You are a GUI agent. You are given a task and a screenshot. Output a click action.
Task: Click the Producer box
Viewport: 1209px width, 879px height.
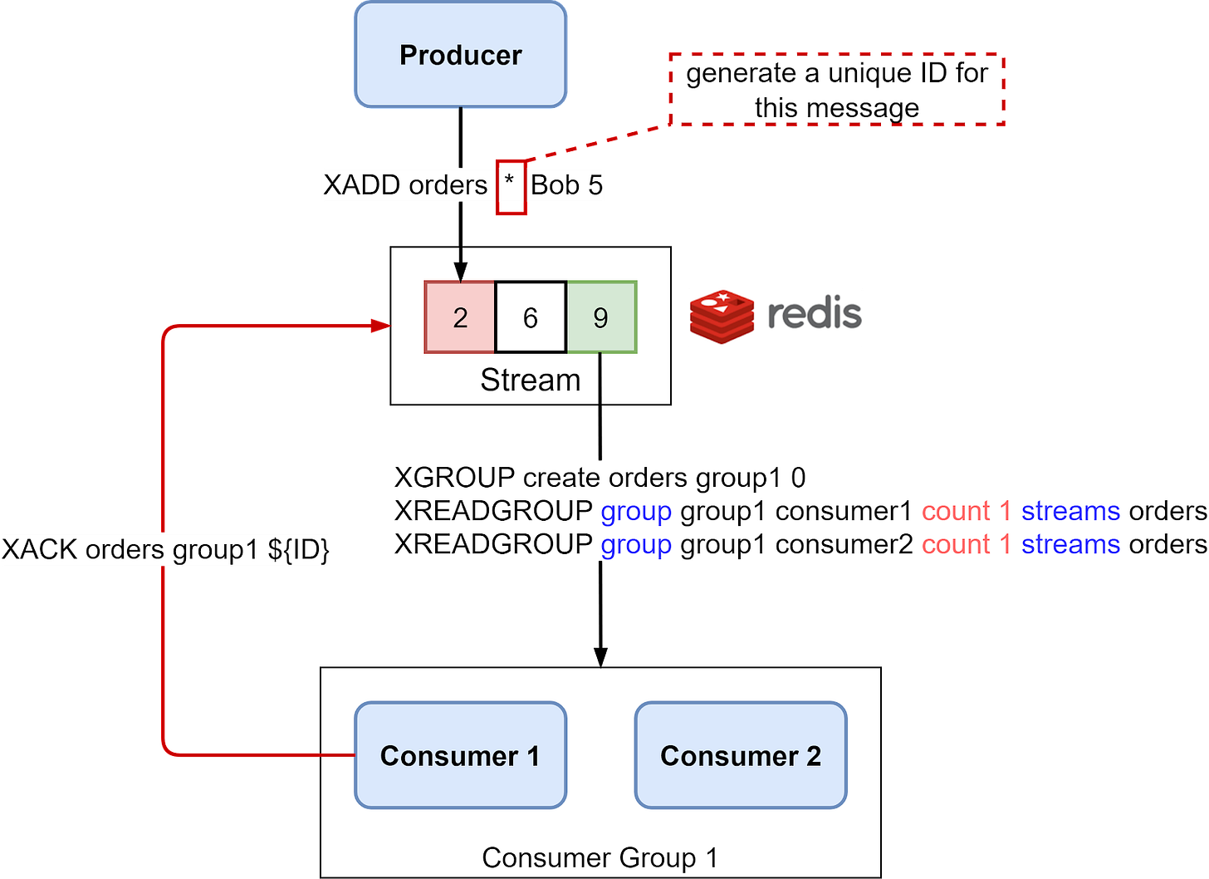point(461,56)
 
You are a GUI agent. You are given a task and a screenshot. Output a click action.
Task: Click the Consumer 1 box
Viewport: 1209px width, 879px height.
point(460,755)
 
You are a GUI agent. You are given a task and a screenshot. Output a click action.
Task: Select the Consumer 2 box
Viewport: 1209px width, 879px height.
point(741,755)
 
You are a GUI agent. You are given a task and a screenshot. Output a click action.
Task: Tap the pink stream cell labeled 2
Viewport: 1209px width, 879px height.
point(460,317)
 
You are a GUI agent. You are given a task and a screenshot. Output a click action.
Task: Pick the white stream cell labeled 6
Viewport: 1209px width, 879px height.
point(531,317)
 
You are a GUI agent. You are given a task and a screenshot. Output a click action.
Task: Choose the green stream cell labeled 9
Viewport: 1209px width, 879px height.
point(601,317)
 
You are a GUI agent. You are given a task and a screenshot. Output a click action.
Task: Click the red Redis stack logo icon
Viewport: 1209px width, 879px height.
point(721,316)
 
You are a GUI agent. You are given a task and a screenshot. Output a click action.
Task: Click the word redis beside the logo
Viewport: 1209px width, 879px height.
point(814,314)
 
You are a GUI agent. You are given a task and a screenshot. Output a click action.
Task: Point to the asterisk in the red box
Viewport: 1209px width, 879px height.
point(510,182)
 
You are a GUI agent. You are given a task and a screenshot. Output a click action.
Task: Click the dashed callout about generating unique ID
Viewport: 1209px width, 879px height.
point(837,90)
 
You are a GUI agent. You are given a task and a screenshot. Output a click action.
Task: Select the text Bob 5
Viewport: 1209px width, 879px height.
point(566,184)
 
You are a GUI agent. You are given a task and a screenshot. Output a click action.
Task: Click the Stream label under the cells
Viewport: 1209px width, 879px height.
point(530,380)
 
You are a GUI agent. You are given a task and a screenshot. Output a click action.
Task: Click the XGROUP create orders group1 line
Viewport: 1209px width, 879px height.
point(600,478)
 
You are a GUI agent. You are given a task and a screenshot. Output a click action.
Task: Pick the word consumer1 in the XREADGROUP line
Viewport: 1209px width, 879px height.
point(843,511)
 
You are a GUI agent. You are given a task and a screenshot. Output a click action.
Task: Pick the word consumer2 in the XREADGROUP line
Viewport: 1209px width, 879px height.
point(843,544)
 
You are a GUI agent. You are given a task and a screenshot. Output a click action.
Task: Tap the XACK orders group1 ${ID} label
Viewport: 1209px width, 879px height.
point(166,550)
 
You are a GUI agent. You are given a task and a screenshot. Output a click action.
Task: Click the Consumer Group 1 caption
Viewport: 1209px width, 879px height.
point(600,857)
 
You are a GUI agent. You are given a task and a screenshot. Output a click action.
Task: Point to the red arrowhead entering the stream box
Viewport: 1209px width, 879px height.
point(381,326)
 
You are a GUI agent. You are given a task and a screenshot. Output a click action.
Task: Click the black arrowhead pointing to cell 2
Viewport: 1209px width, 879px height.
point(460,272)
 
